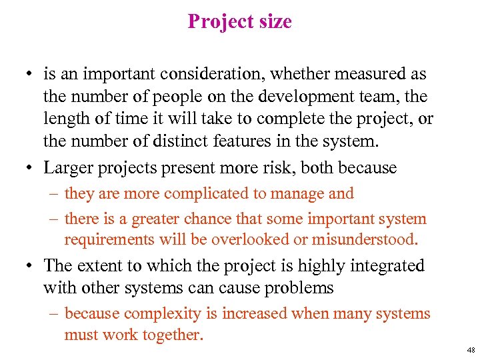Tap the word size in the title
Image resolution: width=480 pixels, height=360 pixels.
click(272, 22)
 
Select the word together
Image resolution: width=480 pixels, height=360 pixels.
click(172, 335)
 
